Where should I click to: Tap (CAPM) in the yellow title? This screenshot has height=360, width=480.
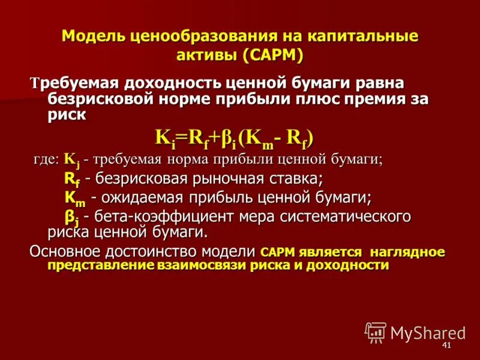(x=274, y=55)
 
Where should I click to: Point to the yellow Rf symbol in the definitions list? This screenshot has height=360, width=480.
(x=72, y=179)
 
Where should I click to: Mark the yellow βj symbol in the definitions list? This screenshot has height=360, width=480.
(x=72, y=216)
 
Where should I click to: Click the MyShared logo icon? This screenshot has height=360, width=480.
(x=376, y=332)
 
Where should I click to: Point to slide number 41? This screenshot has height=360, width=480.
(x=446, y=347)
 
